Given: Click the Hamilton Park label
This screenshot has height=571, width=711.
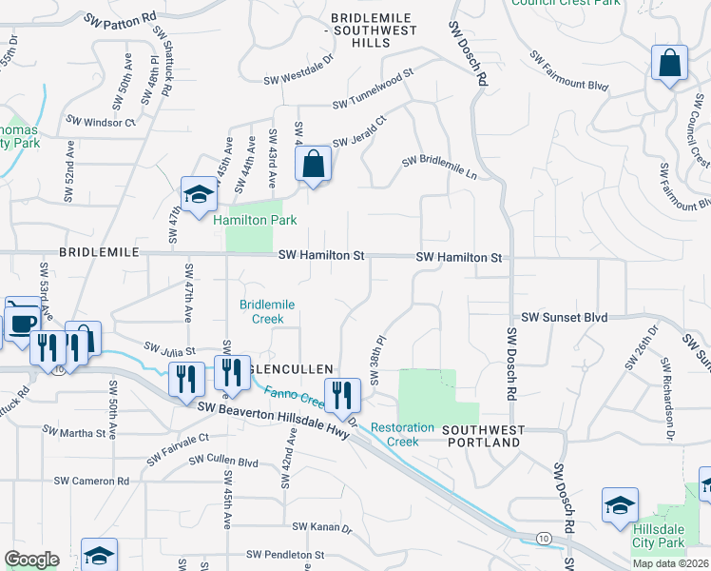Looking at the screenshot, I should click(x=255, y=220).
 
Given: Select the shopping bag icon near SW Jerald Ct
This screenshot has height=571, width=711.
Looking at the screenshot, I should click(x=313, y=165).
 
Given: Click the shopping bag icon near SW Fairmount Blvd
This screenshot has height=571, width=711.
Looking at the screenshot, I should click(x=670, y=65).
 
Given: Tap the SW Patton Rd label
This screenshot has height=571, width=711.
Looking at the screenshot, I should click(x=120, y=18).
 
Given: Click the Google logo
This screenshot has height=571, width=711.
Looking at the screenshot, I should click(x=31, y=559).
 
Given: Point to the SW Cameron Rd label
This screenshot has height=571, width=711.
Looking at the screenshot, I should click(x=91, y=482).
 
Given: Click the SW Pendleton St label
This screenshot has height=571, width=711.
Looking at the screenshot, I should click(x=285, y=554).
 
